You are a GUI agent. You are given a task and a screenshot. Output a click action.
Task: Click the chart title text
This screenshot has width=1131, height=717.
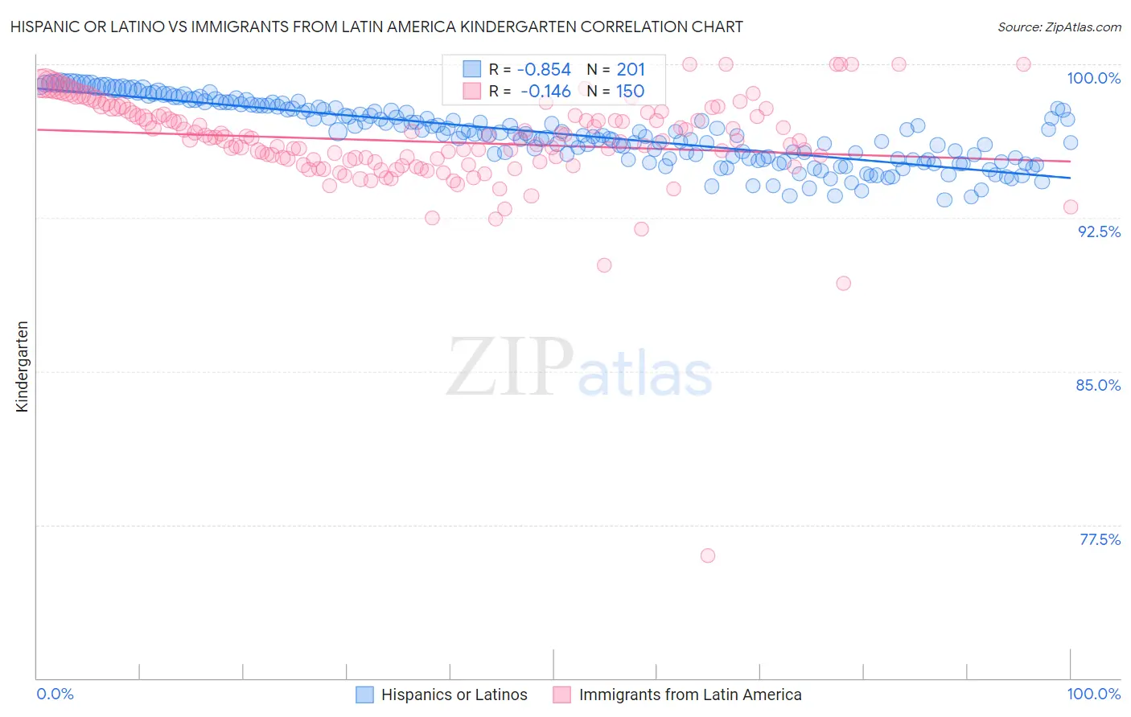[376, 27]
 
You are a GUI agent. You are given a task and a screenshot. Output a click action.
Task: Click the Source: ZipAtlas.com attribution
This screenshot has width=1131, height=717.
[1059, 27]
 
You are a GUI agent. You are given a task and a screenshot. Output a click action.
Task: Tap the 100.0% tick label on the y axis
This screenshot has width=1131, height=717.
[1093, 78]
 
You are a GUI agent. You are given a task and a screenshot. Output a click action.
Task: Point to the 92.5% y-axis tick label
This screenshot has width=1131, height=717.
[1099, 231]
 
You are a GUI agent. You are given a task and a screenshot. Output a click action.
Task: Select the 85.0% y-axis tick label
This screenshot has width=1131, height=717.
[1098, 385]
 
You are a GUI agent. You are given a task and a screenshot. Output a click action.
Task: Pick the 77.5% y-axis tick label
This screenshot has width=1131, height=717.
[1100, 539]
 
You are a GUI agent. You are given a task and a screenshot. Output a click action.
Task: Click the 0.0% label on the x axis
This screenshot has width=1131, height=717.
[56, 694]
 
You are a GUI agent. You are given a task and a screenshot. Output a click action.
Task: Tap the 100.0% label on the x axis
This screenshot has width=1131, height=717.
[1093, 694]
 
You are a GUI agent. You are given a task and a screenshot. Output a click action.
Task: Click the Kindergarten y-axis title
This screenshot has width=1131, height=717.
[22, 367]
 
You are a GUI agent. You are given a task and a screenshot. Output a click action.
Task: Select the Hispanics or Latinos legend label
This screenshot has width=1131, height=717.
[454, 694]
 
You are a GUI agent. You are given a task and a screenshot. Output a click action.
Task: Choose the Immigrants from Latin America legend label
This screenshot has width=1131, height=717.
[689, 694]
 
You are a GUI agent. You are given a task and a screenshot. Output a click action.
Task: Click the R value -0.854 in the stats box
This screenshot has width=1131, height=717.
[544, 70]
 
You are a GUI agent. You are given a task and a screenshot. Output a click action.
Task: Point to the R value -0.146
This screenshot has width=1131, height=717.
[545, 91]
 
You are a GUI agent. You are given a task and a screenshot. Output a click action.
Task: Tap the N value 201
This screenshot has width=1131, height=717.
[631, 70]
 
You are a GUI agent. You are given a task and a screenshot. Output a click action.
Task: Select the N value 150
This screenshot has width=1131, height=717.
[630, 91]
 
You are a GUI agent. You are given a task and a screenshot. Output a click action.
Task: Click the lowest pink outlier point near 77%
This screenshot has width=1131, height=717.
[708, 555]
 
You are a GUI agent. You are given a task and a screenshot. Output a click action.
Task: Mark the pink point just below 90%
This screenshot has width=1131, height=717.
[843, 283]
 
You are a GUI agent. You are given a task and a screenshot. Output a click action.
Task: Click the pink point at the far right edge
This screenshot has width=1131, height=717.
[1071, 207]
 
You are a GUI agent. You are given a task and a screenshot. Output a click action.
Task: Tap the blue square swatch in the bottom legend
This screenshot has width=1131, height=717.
[364, 694]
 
